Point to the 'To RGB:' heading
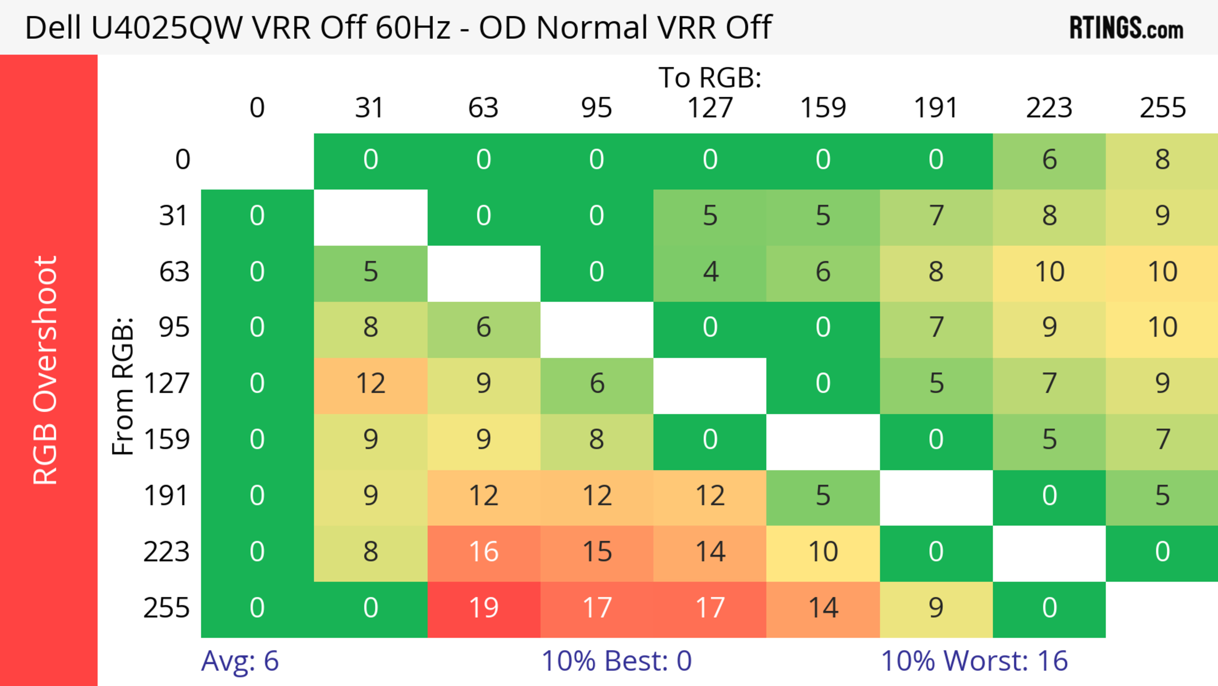(710, 77)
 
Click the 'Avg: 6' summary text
(240, 661)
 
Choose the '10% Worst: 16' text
(974, 661)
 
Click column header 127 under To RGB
(710, 108)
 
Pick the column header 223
(1049, 108)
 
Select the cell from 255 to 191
(936, 609)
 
